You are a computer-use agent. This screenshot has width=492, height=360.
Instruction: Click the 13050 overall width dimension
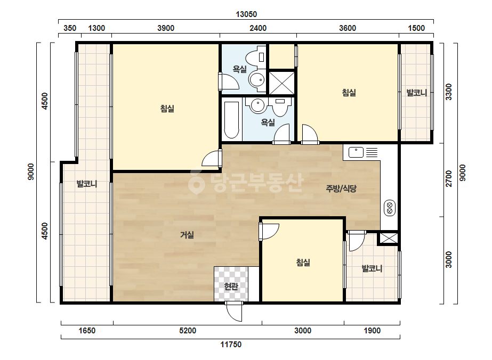pos(246,14)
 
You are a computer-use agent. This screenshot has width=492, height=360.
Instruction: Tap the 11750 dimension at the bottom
pos(231,345)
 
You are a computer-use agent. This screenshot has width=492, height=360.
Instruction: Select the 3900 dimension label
pos(166,28)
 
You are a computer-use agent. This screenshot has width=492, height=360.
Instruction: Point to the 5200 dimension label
pos(188,331)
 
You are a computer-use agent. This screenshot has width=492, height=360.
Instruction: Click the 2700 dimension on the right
pos(449,178)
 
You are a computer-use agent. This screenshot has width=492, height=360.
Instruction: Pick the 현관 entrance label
pos(231,286)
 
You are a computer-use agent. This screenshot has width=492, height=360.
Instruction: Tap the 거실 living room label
pos(187,234)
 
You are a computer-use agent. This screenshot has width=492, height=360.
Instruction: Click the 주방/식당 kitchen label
pos(341,189)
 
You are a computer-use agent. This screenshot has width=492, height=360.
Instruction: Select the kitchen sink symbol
pos(356,152)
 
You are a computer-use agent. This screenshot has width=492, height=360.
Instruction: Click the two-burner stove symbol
pos(390,208)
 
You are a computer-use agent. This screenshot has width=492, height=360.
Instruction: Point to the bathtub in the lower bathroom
pos(232,120)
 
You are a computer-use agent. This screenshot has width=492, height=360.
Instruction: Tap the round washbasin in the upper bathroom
pos(257,80)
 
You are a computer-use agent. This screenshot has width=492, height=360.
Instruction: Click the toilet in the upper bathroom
pos(256,58)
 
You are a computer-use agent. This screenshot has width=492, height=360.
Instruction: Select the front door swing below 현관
pos(234,312)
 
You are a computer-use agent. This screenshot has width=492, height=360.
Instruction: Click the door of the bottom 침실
pos(269,232)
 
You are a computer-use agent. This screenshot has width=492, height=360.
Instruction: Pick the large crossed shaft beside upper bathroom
pos(282,83)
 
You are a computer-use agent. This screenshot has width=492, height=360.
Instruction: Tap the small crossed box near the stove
pos(389,239)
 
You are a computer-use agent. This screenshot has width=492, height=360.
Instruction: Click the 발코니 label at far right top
pos(416,93)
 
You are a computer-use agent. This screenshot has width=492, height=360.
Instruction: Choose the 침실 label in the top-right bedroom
pos(349,93)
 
